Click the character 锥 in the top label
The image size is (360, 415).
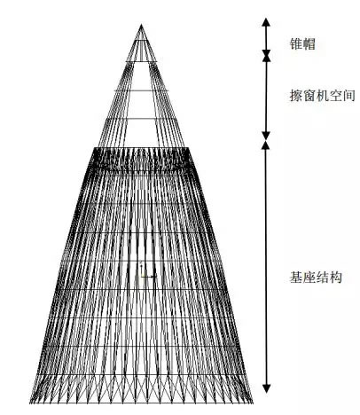point(296,44)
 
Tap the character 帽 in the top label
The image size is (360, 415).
point(309,44)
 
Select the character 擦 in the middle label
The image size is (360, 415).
point(296,96)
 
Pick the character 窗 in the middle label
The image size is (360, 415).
point(309,96)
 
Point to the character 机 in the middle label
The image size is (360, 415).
point(322,96)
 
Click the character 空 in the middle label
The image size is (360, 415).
point(335,96)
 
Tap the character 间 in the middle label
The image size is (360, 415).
point(348,96)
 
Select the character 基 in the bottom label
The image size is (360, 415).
point(296,278)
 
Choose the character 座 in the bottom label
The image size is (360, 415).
point(309,278)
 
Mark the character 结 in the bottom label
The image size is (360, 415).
point(322,278)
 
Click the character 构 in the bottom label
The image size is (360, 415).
point(335,278)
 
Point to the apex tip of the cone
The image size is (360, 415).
point(141,25)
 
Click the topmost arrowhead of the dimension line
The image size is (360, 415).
point(267,22)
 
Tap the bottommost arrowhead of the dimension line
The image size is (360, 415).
point(267,388)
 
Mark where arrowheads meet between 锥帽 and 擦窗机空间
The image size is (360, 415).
point(267,56)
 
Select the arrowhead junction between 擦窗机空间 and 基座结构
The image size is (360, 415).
point(266,140)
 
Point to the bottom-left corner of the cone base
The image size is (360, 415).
point(30,403)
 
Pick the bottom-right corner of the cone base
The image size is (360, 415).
point(253,403)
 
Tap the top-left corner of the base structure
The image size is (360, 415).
point(95,147)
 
